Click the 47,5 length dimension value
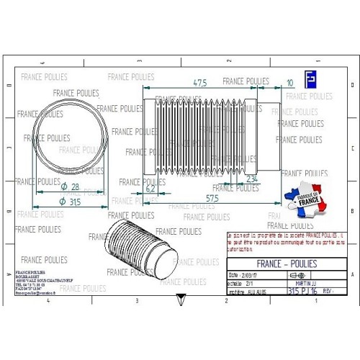(x=201, y=82)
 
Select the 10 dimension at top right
(x=289, y=83)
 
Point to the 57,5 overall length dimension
(x=212, y=197)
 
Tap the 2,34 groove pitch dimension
(x=252, y=178)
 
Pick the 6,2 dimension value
(x=150, y=189)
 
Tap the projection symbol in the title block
(x=296, y=275)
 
